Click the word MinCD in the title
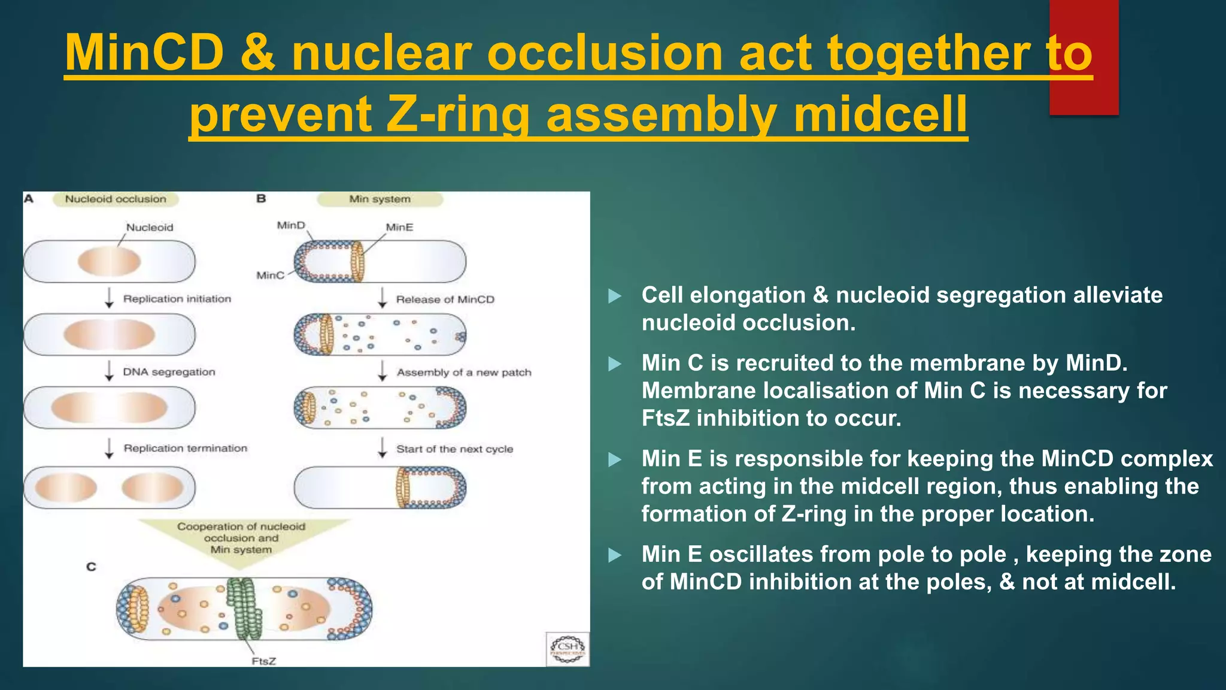(144, 53)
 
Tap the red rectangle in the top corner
(1084, 57)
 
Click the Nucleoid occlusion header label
(116, 199)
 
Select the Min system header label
(380, 199)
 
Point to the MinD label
(291, 225)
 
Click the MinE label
(399, 227)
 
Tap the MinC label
(270, 275)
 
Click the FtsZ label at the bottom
(263, 661)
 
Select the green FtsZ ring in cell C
(244, 609)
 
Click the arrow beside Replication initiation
(109, 298)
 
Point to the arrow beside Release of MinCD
(383, 298)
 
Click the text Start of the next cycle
(454, 449)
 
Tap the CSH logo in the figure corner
(568, 649)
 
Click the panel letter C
(91, 566)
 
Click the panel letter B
(261, 198)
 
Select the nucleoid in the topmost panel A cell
(109, 262)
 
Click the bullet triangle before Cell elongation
(615, 296)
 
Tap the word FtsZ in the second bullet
(666, 418)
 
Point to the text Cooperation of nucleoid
(241, 526)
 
